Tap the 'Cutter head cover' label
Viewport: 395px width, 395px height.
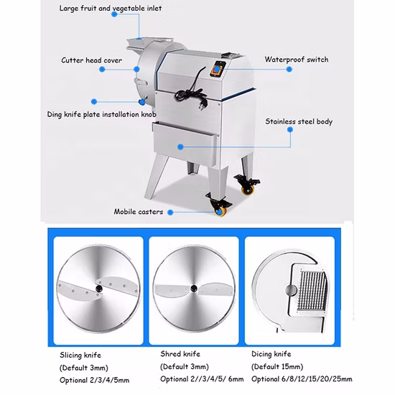coord(91,60)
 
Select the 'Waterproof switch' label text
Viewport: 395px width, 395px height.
coord(296,60)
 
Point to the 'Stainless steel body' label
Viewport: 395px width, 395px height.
coord(298,121)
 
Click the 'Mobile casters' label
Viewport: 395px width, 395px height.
coord(138,212)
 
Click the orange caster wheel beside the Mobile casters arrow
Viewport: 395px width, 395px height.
coord(217,211)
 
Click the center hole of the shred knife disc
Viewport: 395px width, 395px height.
coord(192,287)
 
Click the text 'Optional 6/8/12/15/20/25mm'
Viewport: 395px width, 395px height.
coord(302,378)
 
